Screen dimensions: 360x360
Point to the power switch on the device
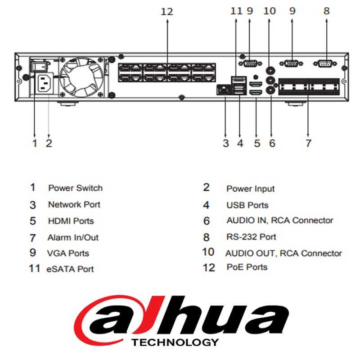(38, 66)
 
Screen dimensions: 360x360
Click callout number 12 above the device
(167, 12)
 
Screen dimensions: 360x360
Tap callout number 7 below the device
(308, 143)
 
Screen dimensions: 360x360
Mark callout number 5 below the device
(256, 143)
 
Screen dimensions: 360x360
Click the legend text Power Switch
(75, 188)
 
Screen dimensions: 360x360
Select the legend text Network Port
(74, 205)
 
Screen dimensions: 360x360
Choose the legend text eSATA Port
(70, 269)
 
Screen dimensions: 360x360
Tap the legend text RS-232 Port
(251, 237)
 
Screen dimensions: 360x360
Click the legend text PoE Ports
(247, 267)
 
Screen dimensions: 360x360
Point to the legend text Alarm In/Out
(73, 237)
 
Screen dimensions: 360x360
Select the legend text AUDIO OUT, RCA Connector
(283, 253)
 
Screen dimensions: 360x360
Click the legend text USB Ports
(247, 205)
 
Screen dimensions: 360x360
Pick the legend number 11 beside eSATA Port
(35, 269)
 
